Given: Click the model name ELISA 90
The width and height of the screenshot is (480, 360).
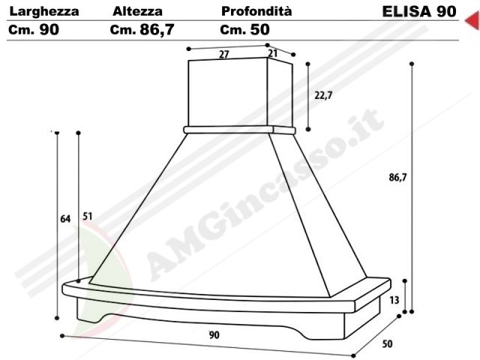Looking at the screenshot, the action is tap(419, 12).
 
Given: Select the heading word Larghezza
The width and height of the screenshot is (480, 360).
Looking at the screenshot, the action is tap(44, 12).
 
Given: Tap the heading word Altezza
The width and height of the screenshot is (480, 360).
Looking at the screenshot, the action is tap(137, 11).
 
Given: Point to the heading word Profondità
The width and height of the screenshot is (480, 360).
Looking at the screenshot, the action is tap(256, 11).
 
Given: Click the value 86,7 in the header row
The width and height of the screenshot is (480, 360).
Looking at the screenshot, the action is tap(157, 30).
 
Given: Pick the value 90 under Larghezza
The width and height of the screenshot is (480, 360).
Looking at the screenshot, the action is tap(49, 29).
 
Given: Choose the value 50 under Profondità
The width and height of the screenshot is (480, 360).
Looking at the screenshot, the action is tap(260, 29).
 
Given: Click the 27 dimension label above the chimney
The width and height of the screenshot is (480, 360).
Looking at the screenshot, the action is tap(224, 55).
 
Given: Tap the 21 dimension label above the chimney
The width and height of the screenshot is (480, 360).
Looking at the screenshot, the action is tap(272, 53).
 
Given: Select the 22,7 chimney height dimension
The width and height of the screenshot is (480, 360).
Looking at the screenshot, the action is tap(323, 95).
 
